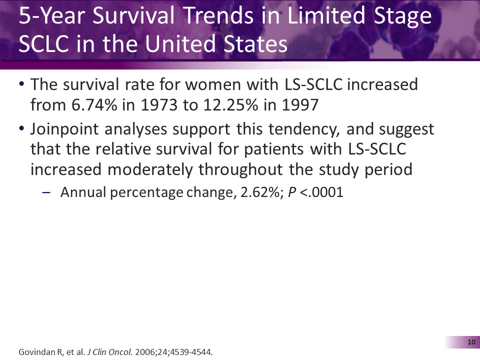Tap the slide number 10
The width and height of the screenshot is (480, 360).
pyautogui.click(x=470, y=342)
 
